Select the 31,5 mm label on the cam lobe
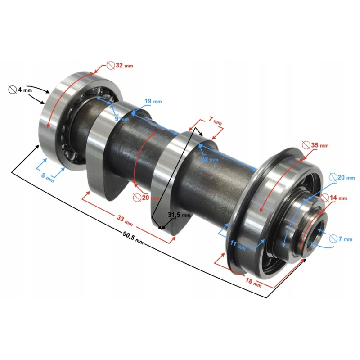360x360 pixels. click(x=179, y=215)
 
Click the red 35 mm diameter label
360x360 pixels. click(x=320, y=145)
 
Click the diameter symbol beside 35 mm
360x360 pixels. click(x=306, y=145)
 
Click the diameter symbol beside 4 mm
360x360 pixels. click(x=12, y=90)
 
